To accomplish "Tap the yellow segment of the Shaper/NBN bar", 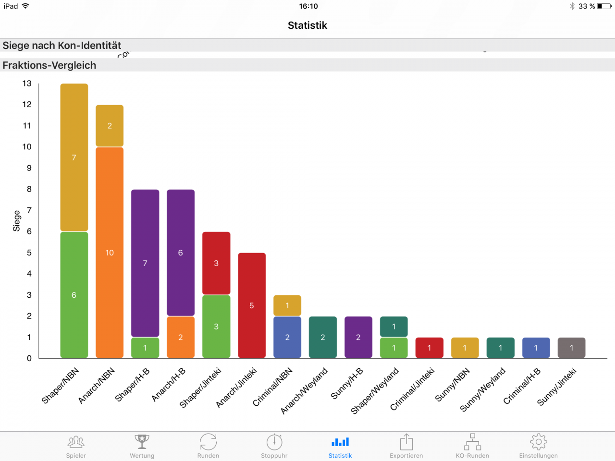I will [x=74, y=158].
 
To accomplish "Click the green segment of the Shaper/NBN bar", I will [x=74, y=295].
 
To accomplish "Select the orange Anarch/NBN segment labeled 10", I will [x=110, y=253].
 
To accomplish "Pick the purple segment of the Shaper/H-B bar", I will [x=145, y=263].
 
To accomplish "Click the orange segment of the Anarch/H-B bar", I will [x=181, y=337].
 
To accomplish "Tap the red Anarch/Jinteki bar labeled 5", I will [x=252, y=305].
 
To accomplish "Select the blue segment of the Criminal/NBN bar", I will [x=287, y=337].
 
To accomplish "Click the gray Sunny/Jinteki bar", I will [x=571, y=348].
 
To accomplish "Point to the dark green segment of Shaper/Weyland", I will [x=394, y=327].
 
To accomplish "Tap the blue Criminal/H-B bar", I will [x=536, y=348].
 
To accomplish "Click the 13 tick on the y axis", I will [x=27, y=84].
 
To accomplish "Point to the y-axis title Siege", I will [x=17, y=221].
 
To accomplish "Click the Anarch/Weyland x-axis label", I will [x=304, y=391].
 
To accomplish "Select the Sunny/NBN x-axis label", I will [x=453, y=385].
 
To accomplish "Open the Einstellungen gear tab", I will [x=538, y=442].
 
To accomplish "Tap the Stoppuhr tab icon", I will [x=274, y=442].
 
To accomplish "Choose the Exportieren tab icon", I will [x=406, y=442].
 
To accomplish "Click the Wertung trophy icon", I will [x=142, y=441].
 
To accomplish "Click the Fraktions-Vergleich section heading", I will [x=49, y=65].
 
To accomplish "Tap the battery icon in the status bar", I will [x=604, y=6].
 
